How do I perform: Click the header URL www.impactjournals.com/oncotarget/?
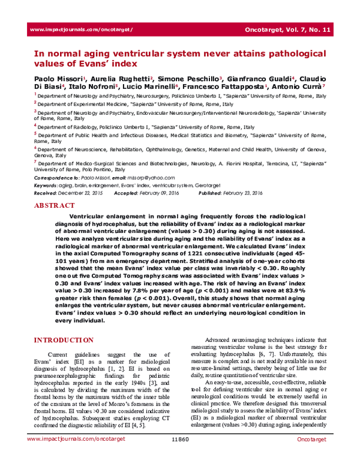point(80,29)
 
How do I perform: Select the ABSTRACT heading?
point(55,205)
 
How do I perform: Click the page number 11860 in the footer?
point(180,457)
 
